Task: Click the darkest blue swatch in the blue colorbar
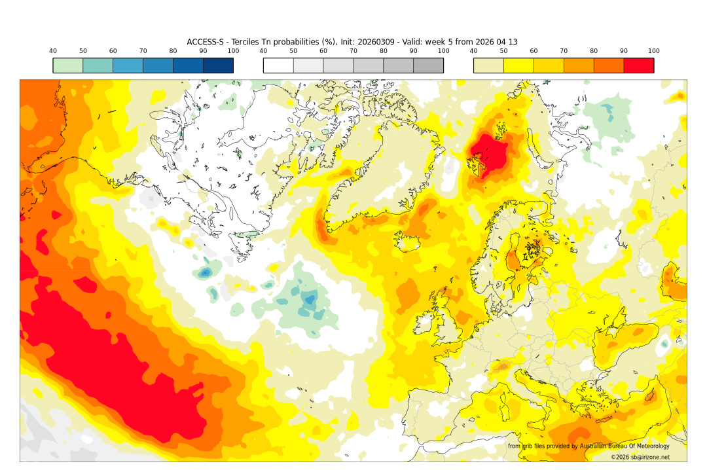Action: point(218,65)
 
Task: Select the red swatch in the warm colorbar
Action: point(638,65)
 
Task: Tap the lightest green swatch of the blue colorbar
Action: point(67,65)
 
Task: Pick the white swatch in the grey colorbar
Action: point(278,65)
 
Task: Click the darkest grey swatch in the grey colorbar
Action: point(428,65)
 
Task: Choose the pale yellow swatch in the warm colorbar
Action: point(488,65)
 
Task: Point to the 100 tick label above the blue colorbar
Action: point(233,51)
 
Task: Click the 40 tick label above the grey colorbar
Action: point(263,51)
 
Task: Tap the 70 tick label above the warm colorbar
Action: point(564,51)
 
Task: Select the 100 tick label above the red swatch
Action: point(653,51)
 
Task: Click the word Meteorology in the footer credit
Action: point(648,446)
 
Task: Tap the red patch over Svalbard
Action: point(490,156)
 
